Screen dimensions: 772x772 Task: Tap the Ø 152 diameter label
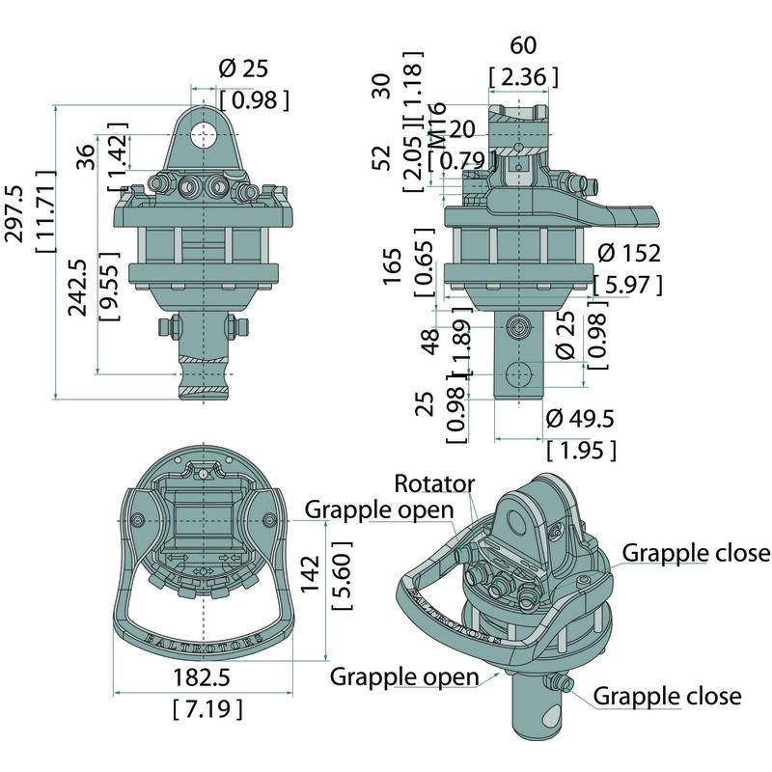pos(629,254)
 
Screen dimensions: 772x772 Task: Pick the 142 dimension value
pos(309,577)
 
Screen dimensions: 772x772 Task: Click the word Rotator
pos(434,483)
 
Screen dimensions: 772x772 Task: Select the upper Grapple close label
pos(696,553)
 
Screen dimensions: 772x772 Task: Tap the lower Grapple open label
pos(404,675)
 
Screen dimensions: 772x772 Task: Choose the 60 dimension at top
pos(523,45)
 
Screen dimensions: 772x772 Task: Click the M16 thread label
pos(435,124)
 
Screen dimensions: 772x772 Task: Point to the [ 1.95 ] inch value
pos(580,450)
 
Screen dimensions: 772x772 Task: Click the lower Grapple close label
pos(667,696)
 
